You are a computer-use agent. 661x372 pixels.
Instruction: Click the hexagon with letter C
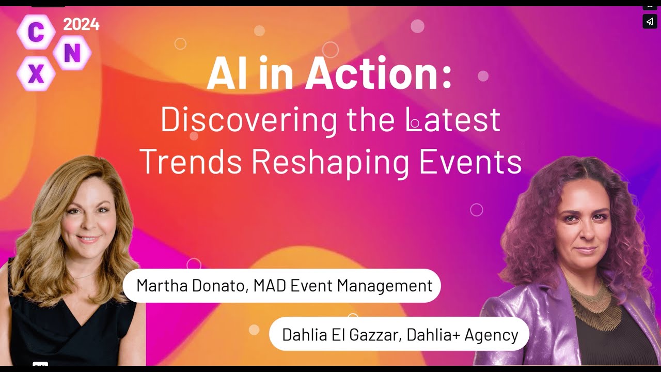click(x=35, y=32)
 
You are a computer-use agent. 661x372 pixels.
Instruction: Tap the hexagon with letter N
click(x=72, y=53)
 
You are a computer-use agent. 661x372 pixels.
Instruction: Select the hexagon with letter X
click(x=36, y=74)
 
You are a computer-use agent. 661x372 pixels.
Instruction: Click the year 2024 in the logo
click(x=81, y=24)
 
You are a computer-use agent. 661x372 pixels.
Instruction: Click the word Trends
click(x=191, y=161)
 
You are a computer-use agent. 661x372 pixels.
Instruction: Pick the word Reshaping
click(x=330, y=161)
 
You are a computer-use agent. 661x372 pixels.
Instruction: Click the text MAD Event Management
click(x=342, y=286)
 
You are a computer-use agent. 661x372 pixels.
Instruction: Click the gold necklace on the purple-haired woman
click(x=595, y=305)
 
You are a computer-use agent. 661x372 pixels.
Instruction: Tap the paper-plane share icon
click(x=650, y=21)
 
